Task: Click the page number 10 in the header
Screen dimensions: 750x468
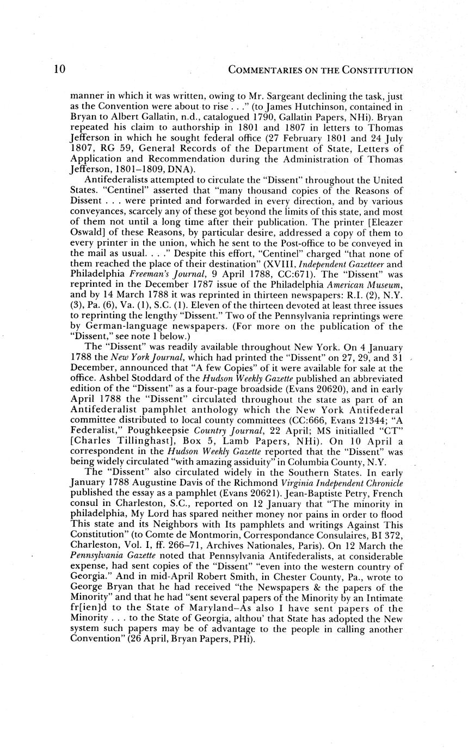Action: [x=60, y=69]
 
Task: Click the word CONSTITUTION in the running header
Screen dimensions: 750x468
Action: [x=377, y=70]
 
